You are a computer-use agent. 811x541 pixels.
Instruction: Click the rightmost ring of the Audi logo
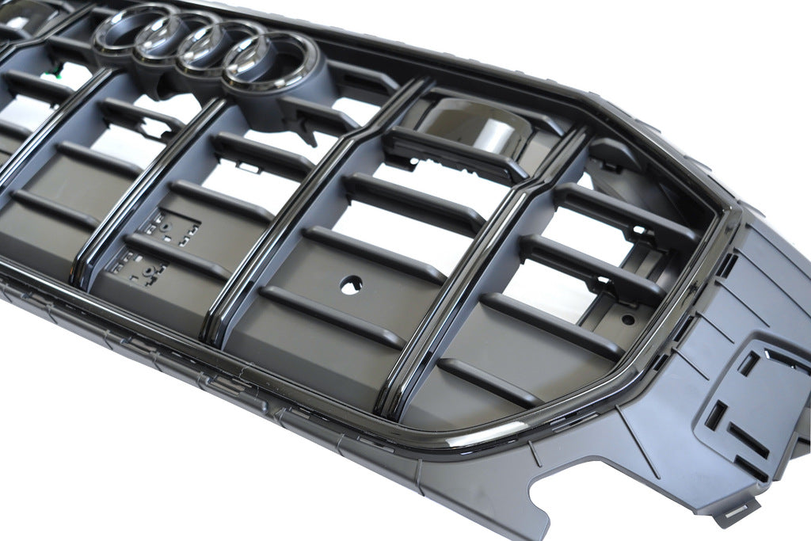270,63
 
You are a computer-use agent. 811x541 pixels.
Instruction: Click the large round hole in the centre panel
352,284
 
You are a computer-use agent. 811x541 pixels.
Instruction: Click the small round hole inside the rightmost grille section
627,319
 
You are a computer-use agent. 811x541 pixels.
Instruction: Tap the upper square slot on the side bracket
749,362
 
